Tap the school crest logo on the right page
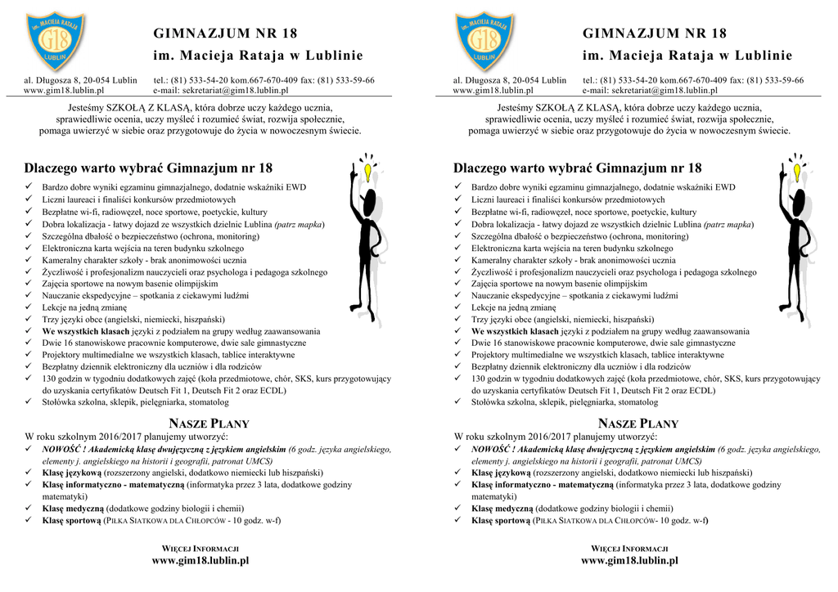[x=484, y=41]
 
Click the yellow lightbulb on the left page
[x=368, y=173]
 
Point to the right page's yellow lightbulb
[x=797, y=173]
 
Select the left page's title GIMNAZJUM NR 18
[x=225, y=34]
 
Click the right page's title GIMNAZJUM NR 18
[x=655, y=34]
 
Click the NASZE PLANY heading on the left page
[x=209, y=424]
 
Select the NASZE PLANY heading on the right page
[x=638, y=424]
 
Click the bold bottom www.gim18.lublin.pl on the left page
[x=200, y=561]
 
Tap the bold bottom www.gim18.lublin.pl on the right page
[x=630, y=561]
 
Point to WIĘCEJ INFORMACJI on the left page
[x=200, y=548]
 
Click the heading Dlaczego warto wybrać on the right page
[x=577, y=168]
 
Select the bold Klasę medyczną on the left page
[x=73, y=508]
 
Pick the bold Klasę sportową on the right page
[x=501, y=520]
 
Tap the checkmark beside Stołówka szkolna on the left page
[x=29, y=402]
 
